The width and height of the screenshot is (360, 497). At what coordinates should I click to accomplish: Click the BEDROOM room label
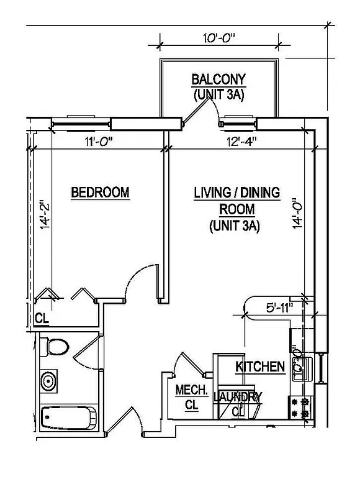(100, 193)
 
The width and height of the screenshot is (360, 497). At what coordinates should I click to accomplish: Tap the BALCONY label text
(218, 80)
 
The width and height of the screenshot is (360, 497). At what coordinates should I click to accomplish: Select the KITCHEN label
(259, 367)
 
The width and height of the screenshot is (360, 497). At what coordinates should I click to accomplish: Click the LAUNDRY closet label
(237, 396)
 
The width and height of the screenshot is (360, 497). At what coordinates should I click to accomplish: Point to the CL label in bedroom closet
(41, 319)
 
